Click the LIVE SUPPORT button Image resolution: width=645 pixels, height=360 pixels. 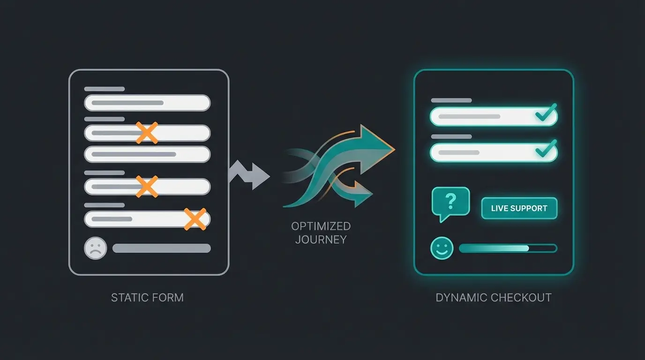click(x=519, y=208)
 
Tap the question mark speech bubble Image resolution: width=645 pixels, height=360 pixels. click(x=450, y=202)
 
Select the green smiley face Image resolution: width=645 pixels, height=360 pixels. click(x=442, y=248)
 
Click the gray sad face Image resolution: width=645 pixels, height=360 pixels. click(x=95, y=248)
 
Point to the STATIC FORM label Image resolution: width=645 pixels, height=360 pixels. click(x=147, y=298)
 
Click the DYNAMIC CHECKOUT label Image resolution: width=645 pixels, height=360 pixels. click(x=494, y=298)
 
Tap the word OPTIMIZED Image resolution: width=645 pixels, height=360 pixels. click(x=321, y=226)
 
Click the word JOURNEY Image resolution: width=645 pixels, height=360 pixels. click(x=321, y=240)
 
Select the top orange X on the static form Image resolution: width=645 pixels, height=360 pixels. click(x=147, y=133)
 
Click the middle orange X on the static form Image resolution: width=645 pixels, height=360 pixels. click(x=147, y=186)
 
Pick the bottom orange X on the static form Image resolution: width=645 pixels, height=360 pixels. click(x=195, y=219)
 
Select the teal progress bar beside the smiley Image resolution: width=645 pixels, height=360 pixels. click(x=508, y=248)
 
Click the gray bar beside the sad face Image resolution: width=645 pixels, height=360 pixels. click(x=161, y=248)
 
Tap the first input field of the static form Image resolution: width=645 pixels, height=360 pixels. click(x=147, y=103)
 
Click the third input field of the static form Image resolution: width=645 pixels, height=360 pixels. click(x=147, y=154)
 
